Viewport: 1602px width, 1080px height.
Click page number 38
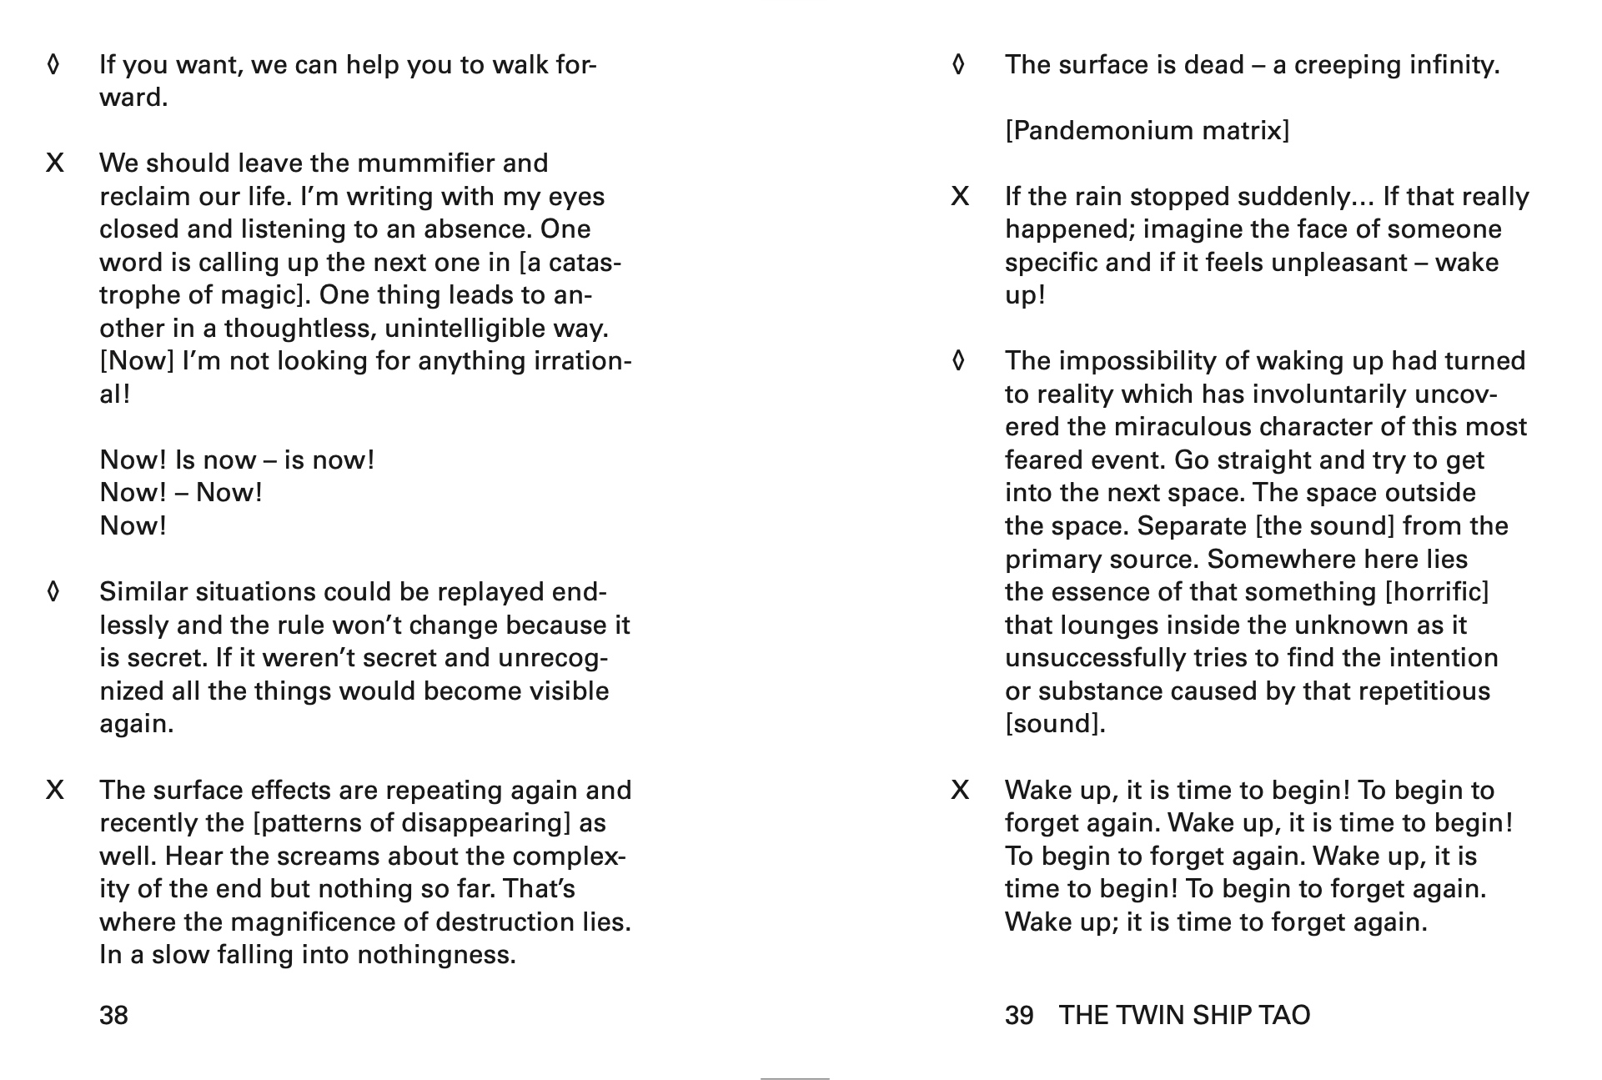(113, 1015)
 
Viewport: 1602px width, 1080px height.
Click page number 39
(1018, 1015)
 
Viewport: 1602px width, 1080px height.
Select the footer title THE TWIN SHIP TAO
(1184, 1015)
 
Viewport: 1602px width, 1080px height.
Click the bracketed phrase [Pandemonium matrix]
(1147, 131)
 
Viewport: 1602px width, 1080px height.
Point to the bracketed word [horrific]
(1436, 592)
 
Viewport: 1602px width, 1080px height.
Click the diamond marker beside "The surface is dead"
(958, 64)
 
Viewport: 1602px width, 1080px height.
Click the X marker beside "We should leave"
(54, 163)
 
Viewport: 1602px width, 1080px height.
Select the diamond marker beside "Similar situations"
(53, 592)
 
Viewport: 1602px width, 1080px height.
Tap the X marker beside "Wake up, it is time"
(960, 791)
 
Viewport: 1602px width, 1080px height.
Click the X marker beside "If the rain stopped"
(960, 197)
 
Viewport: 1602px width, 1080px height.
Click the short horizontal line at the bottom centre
(794, 1078)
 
